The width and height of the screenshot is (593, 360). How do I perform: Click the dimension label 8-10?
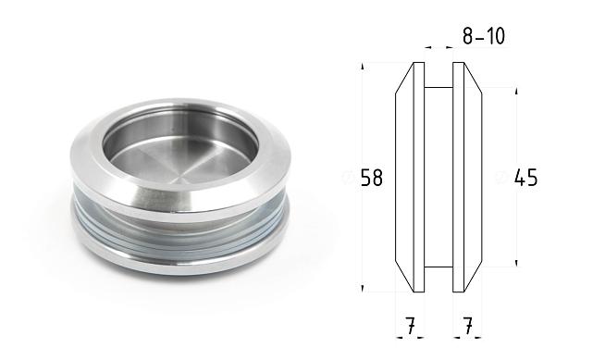[482, 37]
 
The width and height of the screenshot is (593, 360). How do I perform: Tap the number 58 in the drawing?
[371, 178]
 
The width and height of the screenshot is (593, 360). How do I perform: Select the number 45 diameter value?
[525, 178]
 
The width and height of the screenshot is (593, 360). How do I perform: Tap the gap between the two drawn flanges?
[439, 176]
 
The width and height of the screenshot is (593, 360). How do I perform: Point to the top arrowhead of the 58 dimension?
[363, 66]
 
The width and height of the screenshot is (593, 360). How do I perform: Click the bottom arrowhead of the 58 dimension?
[363, 289]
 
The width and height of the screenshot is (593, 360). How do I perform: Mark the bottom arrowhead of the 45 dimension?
[515, 264]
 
